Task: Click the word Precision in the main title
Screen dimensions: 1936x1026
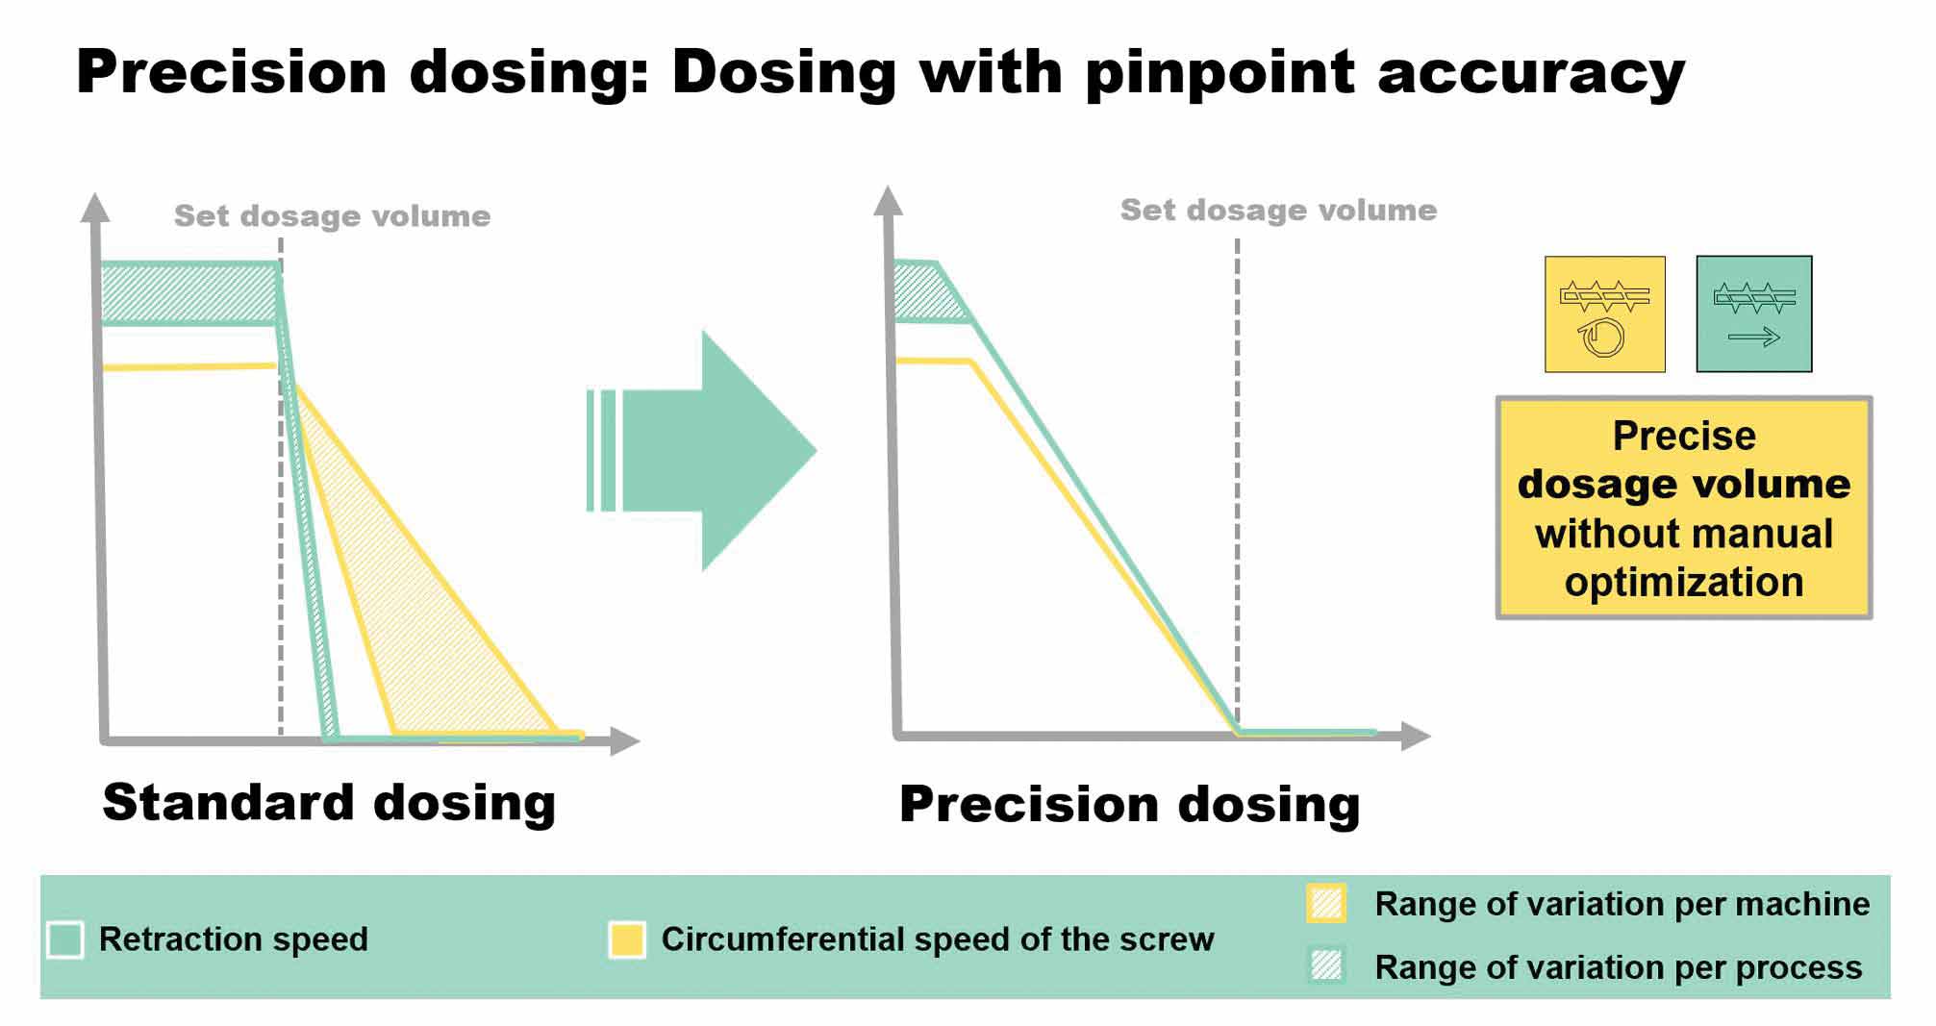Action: tap(232, 72)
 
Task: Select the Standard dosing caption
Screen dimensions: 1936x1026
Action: tap(329, 802)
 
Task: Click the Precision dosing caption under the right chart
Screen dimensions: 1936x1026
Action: tap(1130, 804)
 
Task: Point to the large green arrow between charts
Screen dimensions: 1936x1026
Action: tap(702, 451)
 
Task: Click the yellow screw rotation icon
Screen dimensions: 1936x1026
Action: tap(1604, 313)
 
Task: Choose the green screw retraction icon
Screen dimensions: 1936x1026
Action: tap(1754, 313)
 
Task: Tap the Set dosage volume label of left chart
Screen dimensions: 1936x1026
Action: tap(332, 215)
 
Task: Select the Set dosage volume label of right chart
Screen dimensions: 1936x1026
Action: tap(1278, 210)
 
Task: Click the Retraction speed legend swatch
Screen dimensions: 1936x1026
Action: tap(65, 939)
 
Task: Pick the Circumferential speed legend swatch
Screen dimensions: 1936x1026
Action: tap(627, 939)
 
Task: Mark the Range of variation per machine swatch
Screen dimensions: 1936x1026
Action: tap(1326, 904)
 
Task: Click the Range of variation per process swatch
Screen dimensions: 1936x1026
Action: tap(1326, 965)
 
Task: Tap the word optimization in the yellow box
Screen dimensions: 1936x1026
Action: tap(1684, 583)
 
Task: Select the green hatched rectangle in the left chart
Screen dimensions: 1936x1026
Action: tap(190, 293)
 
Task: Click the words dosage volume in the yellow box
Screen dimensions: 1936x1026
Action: tap(1684, 484)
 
